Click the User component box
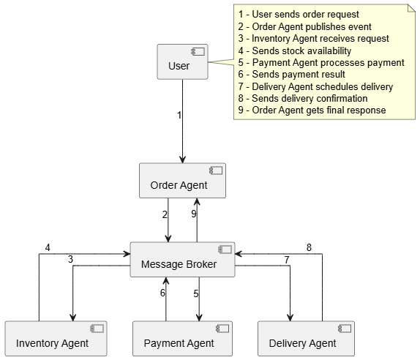[x=182, y=61]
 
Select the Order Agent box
[x=182, y=181]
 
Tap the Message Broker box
[x=182, y=260]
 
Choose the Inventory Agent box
[x=56, y=339]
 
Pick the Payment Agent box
[x=182, y=339]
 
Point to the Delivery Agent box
[x=306, y=339]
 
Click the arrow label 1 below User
[x=179, y=115]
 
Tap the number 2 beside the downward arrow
[x=165, y=214]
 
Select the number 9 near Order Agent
[x=194, y=214]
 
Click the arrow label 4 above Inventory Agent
[x=48, y=247]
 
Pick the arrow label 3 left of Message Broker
[x=70, y=259]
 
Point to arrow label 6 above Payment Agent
[x=162, y=293]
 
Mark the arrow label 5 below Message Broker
[x=196, y=293]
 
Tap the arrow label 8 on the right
[x=309, y=247]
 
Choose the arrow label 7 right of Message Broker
[x=287, y=260]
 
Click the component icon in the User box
[x=198, y=52]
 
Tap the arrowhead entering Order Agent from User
[x=182, y=160]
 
